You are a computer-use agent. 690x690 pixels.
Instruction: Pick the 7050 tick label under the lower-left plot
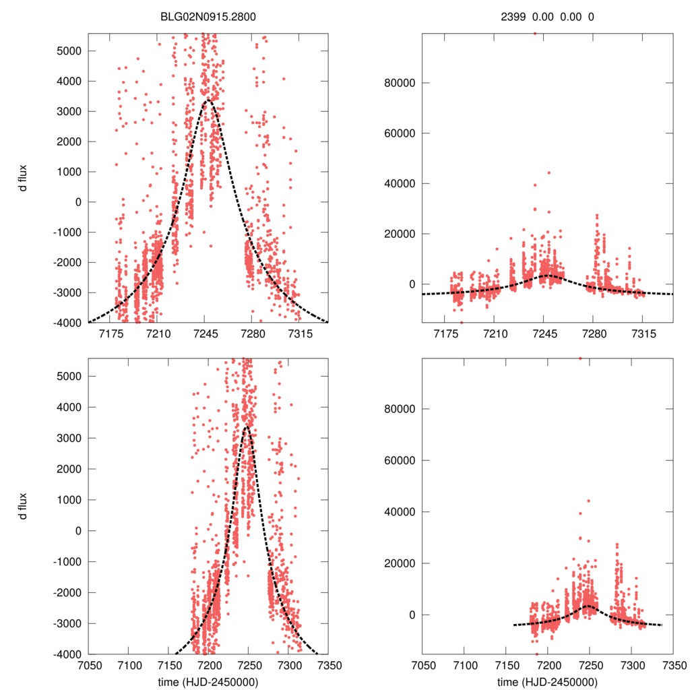tap(88, 664)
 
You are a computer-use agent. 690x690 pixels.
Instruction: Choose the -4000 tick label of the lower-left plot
tap(67, 654)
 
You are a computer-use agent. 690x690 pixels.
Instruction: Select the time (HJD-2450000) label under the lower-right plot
tap(546, 681)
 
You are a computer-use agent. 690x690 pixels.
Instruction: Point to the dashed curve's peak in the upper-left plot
tap(208, 100)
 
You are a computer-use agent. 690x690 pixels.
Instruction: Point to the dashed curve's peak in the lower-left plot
tap(247, 426)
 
